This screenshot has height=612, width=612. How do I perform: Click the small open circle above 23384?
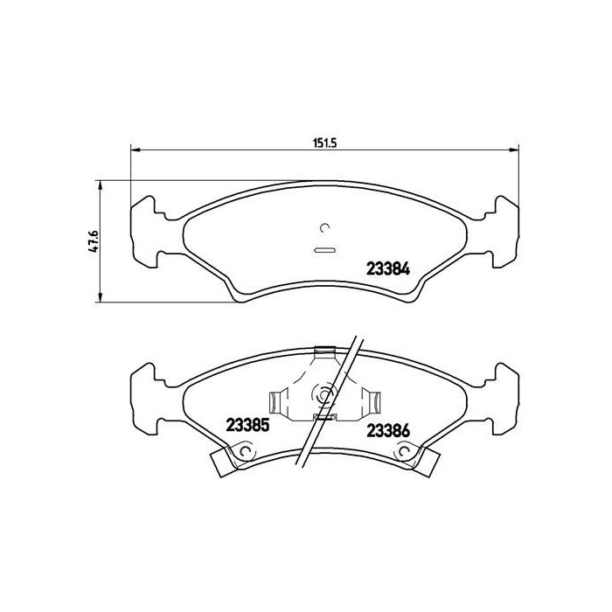pyautogui.click(x=325, y=229)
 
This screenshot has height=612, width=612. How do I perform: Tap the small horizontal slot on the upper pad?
pyautogui.click(x=324, y=251)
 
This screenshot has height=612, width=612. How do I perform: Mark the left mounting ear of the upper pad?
pyautogui.click(x=145, y=233)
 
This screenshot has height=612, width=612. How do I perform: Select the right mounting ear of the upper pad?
pyautogui.click(x=504, y=233)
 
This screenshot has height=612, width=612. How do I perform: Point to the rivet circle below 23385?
pyautogui.click(x=246, y=452)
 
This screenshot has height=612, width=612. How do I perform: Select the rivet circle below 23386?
pyautogui.click(x=403, y=452)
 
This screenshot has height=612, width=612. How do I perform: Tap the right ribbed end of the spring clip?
pyautogui.click(x=376, y=402)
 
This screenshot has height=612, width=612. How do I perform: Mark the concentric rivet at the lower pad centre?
pyautogui.click(x=325, y=395)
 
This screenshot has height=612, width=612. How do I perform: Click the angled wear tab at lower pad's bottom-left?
pyautogui.click(x=224, y=462)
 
